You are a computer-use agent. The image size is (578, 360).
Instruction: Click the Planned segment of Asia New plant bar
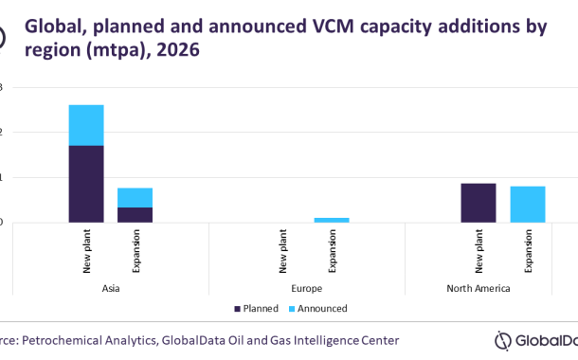click(x=85, y=184)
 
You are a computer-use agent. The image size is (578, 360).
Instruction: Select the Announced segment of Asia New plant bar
click(x=85, y=124)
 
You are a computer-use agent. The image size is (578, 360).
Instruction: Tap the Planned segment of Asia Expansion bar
click(x=135, y=214)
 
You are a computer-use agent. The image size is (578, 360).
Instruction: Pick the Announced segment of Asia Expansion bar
click(x=135, y=197)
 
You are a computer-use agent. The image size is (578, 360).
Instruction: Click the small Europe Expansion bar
click(x=332, y=220)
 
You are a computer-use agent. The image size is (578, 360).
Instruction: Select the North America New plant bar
click(x=478, y=203)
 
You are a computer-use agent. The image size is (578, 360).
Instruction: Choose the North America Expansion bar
click(x=528, y=204)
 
